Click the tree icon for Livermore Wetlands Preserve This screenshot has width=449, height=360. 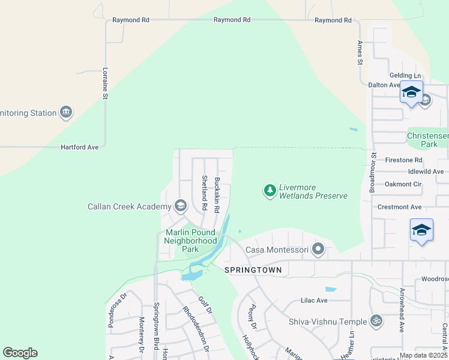point(270,191)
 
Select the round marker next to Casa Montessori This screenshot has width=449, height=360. point(318,249)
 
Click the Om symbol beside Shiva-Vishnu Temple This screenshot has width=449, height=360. point(376,321)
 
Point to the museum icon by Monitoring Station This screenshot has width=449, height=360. point(66,112)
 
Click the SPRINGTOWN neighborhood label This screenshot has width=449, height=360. point(253,271)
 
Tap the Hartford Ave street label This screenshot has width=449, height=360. point(80,147)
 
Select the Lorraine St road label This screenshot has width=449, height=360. point(105,83)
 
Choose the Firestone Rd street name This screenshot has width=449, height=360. point(404,160)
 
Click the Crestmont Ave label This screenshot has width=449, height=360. point(399,207)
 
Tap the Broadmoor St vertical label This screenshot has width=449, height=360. point(373,171)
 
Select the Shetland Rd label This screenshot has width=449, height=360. point(204,193)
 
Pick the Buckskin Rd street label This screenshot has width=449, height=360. point(217,194)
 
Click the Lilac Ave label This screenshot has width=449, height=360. point(314,300)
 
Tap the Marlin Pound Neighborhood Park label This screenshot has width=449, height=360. point(190,241)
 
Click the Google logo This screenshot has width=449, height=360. point(20,353)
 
